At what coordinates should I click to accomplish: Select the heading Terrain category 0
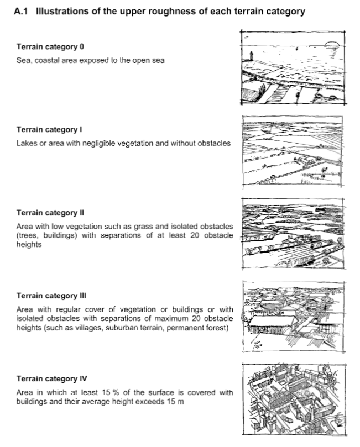(50, 47)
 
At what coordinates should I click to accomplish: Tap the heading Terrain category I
(49, 130)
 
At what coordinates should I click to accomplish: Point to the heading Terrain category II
(50, 213)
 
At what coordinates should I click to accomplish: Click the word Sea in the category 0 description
(23, 60)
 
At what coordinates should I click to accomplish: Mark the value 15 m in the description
(174, 402)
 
